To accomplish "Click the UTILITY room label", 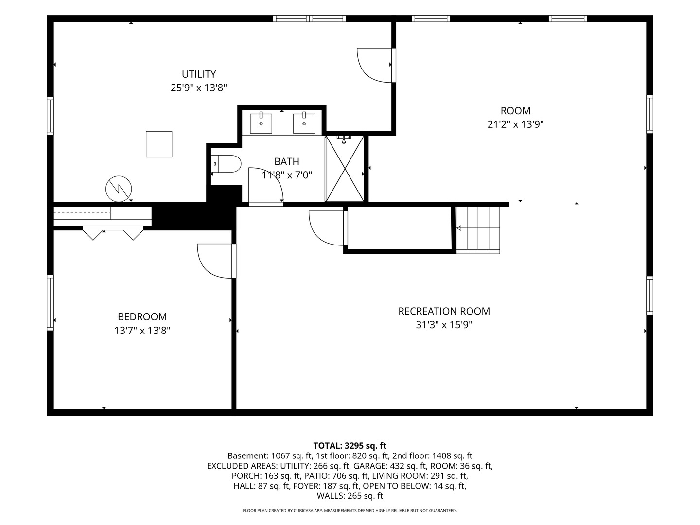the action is tap(199, 74).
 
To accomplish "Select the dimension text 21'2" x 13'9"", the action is tap(515, 124).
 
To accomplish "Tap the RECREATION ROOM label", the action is tap(444, 311).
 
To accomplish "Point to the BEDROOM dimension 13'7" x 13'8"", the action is tap(142, 330).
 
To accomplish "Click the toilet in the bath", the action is tap(226, 164).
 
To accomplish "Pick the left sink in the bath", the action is tap(261, 122).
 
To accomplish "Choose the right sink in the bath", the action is tap(304, 122).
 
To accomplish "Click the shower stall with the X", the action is tap(345, 169).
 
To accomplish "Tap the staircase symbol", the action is tap(478, 230).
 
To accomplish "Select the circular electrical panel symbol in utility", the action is tap(119, 189).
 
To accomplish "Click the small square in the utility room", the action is tap(159, 144).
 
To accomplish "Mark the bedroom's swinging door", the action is tap(216, 261).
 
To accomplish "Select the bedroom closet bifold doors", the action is tap(113, 233).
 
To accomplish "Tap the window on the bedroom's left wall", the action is tap(51, 302).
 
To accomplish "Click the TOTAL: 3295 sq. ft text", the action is tap(350, 446).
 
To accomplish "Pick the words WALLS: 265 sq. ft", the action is tap(350, 496).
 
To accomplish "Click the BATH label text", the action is tap(287, 161).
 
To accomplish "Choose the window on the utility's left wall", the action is tap(51, 116).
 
